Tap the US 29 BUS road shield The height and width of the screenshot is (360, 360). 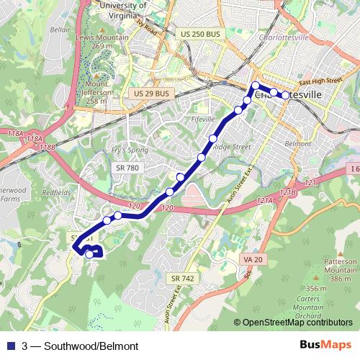tap(151, 94)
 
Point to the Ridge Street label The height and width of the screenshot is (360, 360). tap(231, 146)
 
